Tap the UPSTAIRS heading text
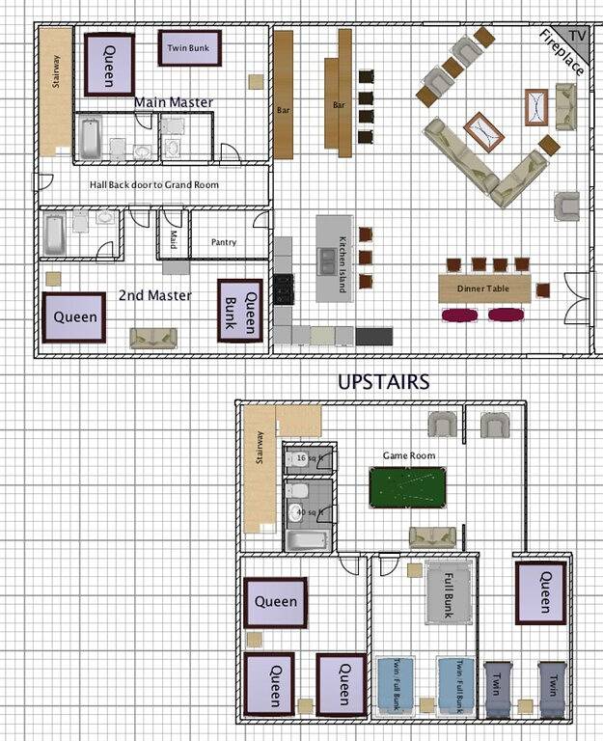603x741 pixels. click(x=383, y=382)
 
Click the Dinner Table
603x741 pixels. click(x=483, y=288)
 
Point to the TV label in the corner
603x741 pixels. click(x=576, y=34)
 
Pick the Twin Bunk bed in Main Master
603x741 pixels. click(x=189, y=47)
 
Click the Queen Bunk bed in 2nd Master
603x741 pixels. click(x=239, y=311)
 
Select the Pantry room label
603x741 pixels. click(x=223, y=242)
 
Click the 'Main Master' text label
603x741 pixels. click(x=174, y=102)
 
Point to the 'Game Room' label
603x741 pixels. click(x=409, y=455)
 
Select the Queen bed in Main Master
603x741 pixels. click(x=109, y=64)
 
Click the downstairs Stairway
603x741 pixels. click(x=55, y=93)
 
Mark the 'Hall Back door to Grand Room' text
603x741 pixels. click(x=154, y=184)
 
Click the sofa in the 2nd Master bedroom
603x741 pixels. click(x=153, y=337)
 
